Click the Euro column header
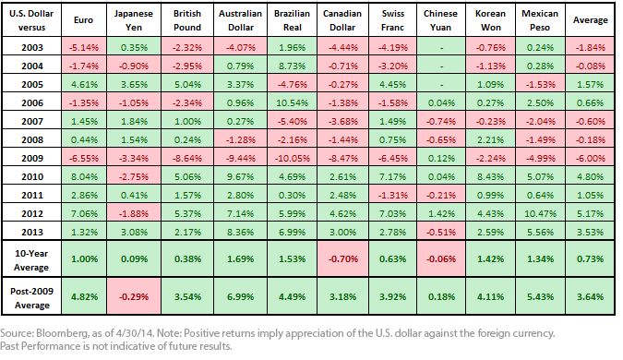pyautogui.click(x=83, y=20)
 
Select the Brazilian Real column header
pyautogui.click(x=292, y=20)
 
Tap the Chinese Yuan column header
pyautogui.click(x=440, y=20)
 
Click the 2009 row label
pyautogui.click(x=32, y=158)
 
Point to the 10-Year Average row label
pyautogui.click(x=31, y=260)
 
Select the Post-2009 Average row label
pyautogui.click(x=31, y=298)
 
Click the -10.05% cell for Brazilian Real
pyautogui.click(x=292, y=158)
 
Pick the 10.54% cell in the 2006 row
pyautogui.click(x=292, y=102)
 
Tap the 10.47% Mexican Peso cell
pyautogui.click(x=540, y=214)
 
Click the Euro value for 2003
pyautogui.click(x=83, y=48)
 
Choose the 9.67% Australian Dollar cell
pyautogui.click(x=240, y=177)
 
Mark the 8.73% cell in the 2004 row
pyautogui.click(x=292, y=66)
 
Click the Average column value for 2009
pyautogui.click(x=591, y=158)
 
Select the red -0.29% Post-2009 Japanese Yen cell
pyautogui.click(x=134, y=297)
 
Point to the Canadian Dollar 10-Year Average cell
pyautogui.click(x=343, y=259)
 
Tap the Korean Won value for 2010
pyautogui.click(x=491, y=177)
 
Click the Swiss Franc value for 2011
pyautogui.click(x=392, y=195)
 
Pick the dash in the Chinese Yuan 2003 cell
pyautogui.click(x=441, y=48)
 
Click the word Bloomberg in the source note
pyautogui.click(x=57, y=333)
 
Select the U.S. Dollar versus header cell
pyautogui.click(x=31, y=20)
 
